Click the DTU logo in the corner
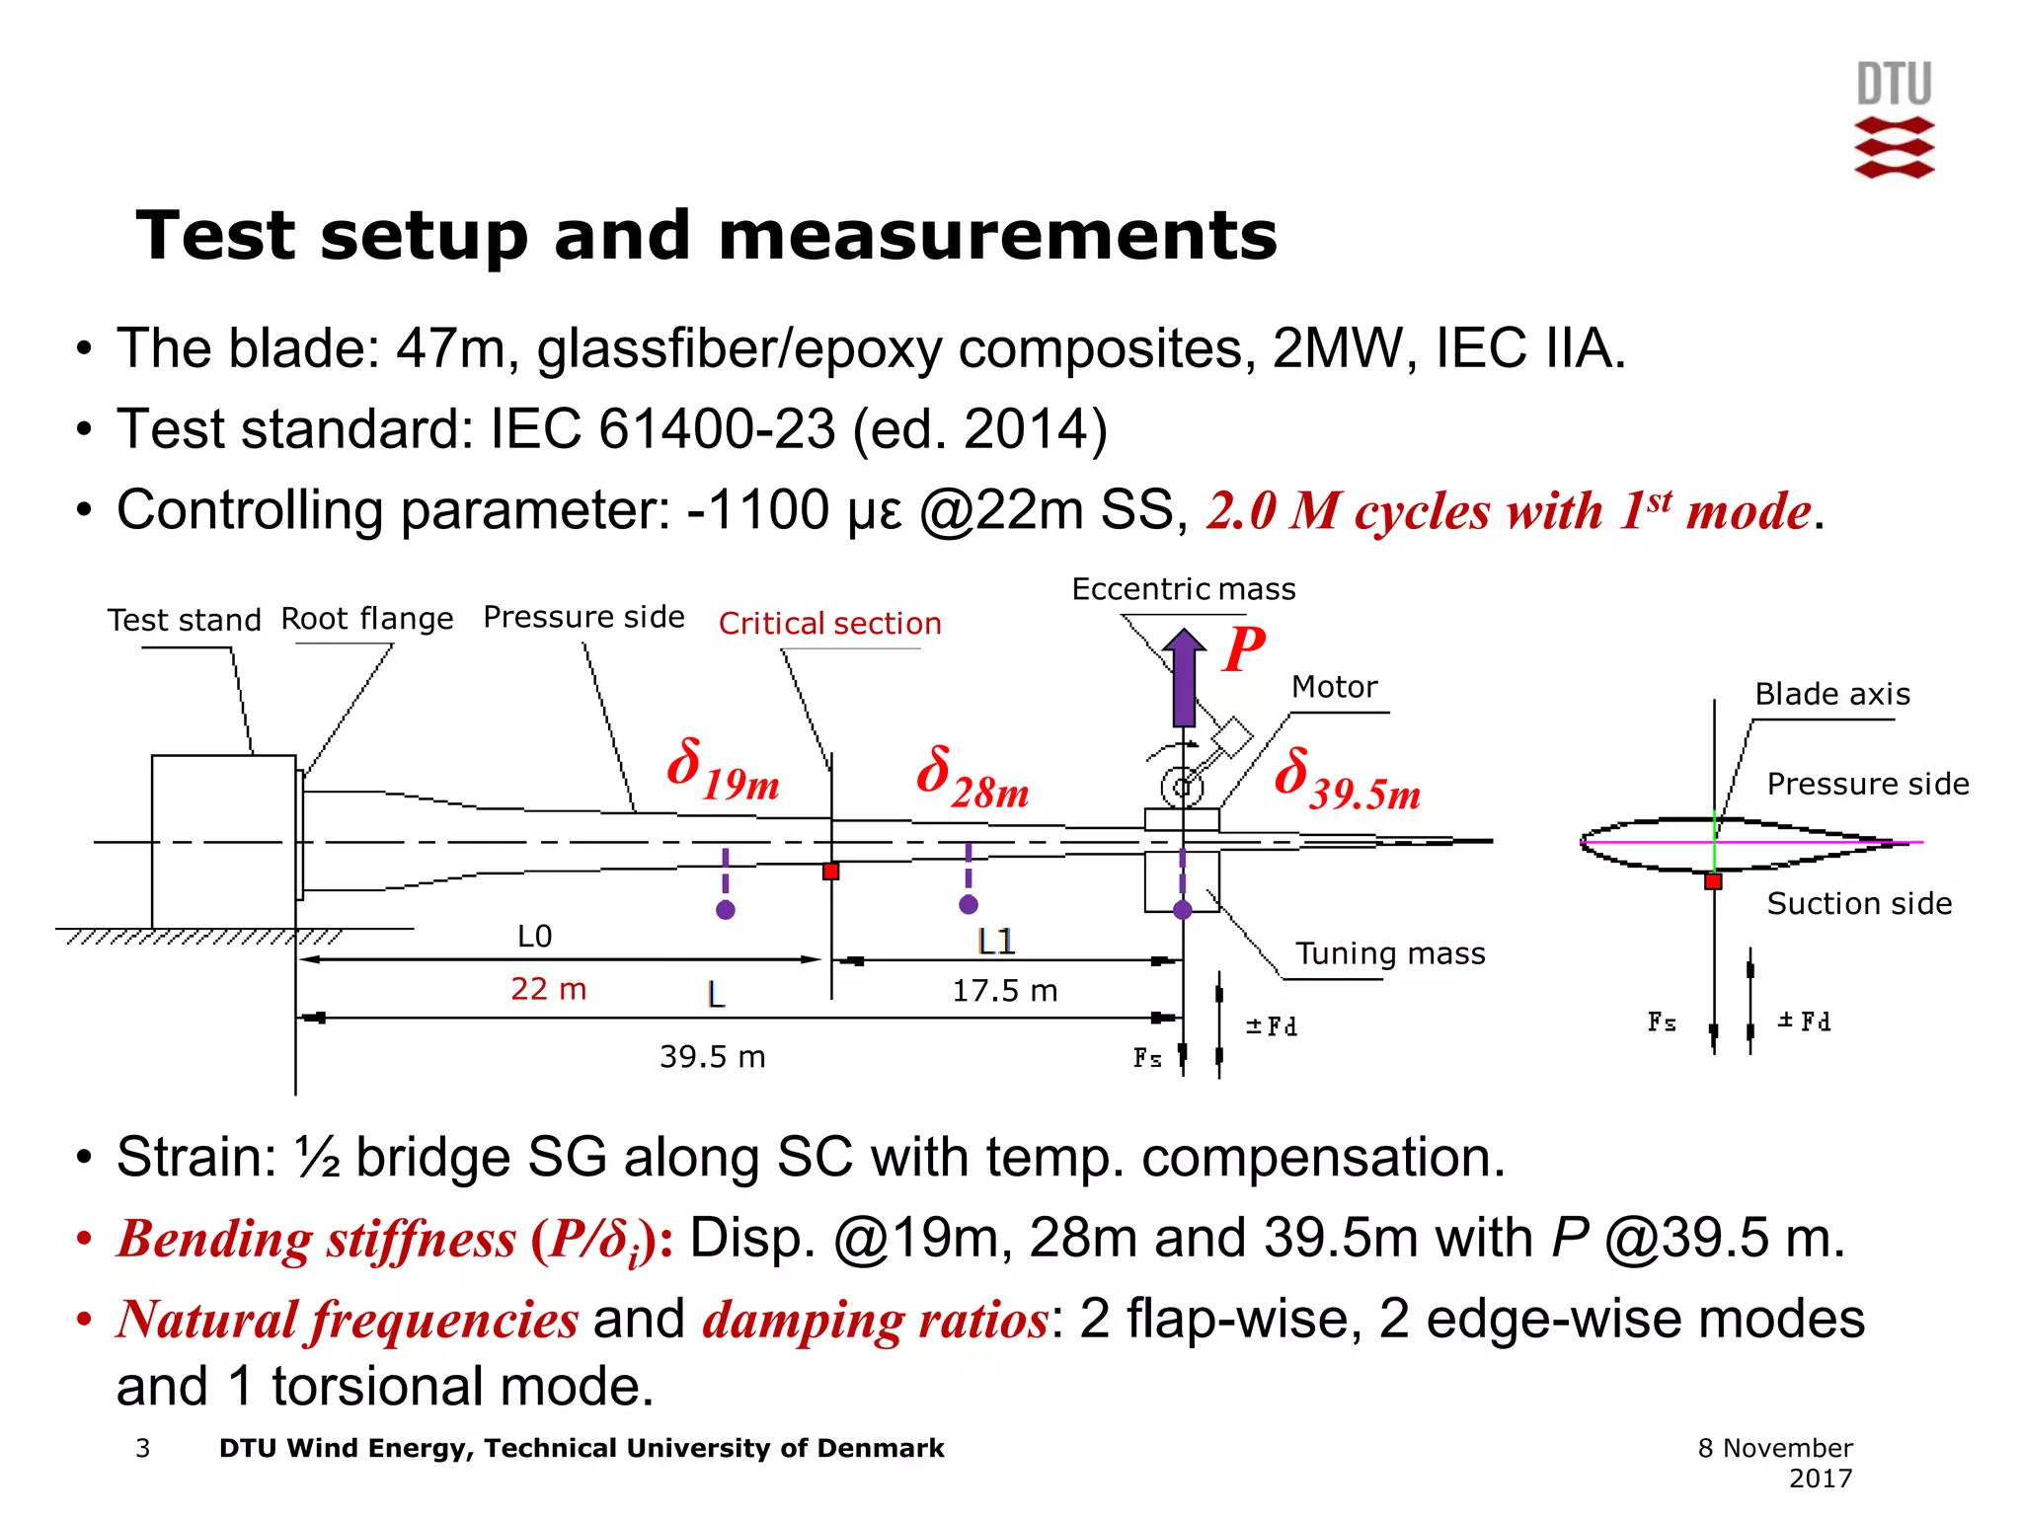coord(1894,120)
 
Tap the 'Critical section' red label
coord(829,624)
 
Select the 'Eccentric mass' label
coord(1183,589)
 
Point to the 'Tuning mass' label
coord(1389,953)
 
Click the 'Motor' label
coord(1334,687)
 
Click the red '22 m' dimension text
coord(548,988)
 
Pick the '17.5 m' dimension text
coord(1004,990)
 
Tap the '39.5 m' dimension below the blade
coord(712,1057)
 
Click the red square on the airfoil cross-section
coord(1713,881)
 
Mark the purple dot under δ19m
coord(726,910)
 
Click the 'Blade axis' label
coord(1831,695)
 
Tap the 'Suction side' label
coord(1858,904)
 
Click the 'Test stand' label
coord(184,620)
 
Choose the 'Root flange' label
coord(367,619)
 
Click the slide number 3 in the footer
coord(143,1448)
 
